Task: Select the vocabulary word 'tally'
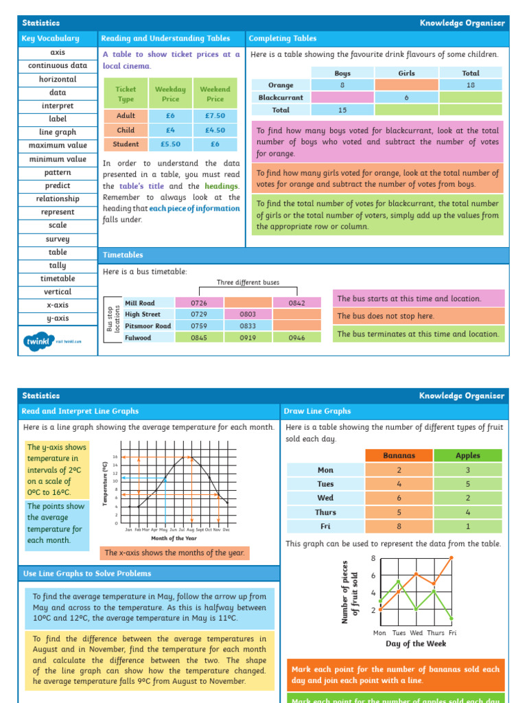58,266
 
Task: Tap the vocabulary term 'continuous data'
58,66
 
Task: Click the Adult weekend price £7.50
215,116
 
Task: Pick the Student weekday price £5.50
170,144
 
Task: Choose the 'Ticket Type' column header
126,94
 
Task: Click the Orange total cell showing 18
471,85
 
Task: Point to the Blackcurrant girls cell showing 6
406,97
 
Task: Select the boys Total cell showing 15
342,110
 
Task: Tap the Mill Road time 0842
296,303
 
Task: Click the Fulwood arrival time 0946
296,338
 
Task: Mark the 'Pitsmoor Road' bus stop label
148,326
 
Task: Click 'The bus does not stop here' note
418,316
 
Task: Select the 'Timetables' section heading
124,255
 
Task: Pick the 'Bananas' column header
399,455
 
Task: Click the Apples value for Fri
468,527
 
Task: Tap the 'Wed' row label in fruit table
325,498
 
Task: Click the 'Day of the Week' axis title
416,644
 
